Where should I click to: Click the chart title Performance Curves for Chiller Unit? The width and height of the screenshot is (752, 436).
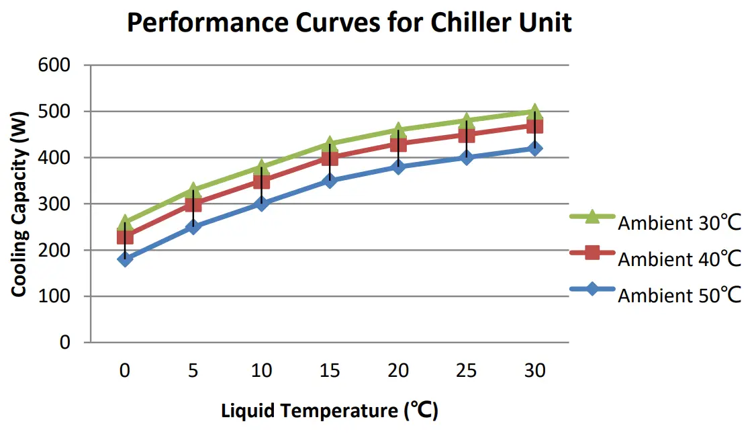pos(349,24)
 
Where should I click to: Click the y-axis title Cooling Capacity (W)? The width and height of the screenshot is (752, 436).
pos(19,204)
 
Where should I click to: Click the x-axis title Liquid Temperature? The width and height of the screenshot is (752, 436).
pos(330,410)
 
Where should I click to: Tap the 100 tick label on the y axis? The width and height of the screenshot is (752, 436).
pos(57,296)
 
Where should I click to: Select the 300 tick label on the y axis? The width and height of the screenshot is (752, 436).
pos(57,204)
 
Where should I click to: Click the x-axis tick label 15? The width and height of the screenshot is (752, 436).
pos(330,370)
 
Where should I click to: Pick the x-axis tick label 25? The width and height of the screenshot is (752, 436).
pos(467,370)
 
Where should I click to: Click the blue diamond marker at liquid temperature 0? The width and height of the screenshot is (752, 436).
pos(125,259)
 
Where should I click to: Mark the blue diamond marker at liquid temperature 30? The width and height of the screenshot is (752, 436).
pos(535,148)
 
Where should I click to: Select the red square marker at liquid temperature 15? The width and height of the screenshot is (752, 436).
pos(330,158)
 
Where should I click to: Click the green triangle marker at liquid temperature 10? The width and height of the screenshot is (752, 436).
pos(261,167)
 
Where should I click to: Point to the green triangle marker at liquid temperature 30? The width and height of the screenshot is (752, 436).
pos(535,112)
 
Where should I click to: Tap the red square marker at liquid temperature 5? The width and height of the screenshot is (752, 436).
pos(193,204)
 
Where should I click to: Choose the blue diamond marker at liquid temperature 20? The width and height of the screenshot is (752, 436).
pos(398,167)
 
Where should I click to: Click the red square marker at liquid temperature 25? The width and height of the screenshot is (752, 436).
pos(467,134)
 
